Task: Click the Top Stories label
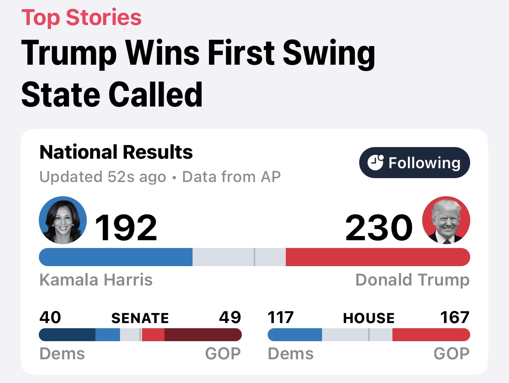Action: [82, 18]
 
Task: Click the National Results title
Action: [116, 152]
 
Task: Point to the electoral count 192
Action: [126, 227]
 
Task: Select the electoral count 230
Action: [379, 227]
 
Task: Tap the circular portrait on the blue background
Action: [63, 220]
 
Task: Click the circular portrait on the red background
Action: [446, 220]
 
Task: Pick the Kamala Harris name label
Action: [96, 280]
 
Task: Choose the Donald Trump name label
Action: [412, 280]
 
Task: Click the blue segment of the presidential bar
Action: [116, 257]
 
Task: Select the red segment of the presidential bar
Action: [378, 257]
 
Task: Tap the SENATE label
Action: [140, 318]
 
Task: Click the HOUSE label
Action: [369, 318]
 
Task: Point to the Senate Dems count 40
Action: [50, 317]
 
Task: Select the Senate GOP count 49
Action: [230, 317]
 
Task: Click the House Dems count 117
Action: [281, 317]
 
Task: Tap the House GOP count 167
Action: [455, 317]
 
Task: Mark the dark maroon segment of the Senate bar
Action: [203, 335]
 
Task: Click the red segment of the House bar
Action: [431, 335]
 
